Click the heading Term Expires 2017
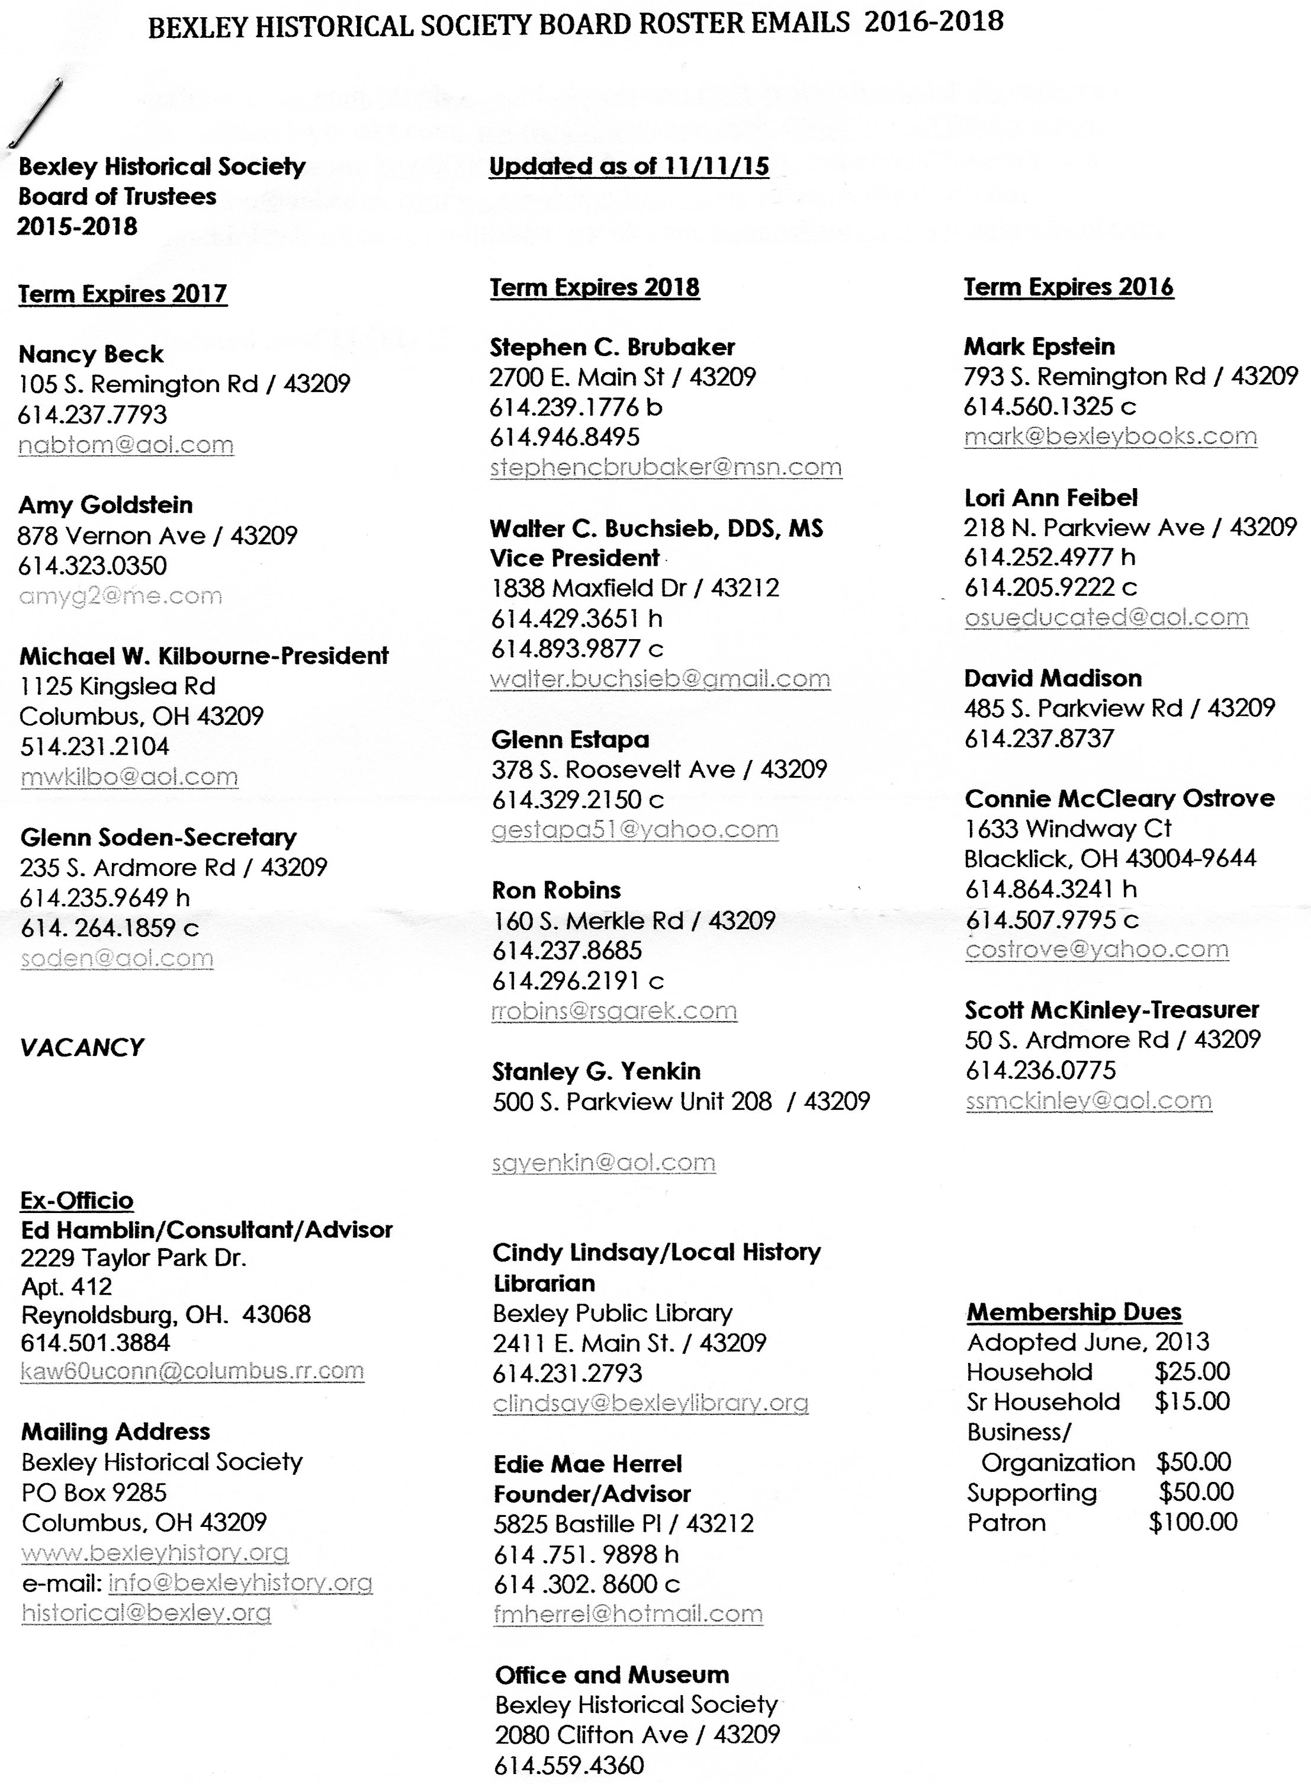pyautogui.click(x=123, y=294)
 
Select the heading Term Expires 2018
pyautogui.click(x=595, y=287)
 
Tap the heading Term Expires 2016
pyautogui.click(x=1068, y=287)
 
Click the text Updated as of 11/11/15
pyautogui.click(x=628, y=166)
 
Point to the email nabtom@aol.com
pyautogui.click(x=126, y=445)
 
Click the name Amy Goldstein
pyautogui.click(x=105, y=505)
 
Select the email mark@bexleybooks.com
pyautogui.click(x=1110, y=437)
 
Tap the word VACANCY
pyautogui.click(x=82, y=1048)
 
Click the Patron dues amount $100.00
pyautogui.click(x=1193, y=1522)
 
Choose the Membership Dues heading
pyautogui.click(x=1074, y=1313)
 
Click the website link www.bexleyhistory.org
pyautogui.click(x=155, y=1552)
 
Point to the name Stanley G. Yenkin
pyautogui.click(x=596, y=1072)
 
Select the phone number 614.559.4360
pyautogui.click(x=569, y=1765)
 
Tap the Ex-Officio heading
pyautogui.click(x=77, y=1200)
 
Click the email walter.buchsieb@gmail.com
pyautogui.click(x=660, y=679)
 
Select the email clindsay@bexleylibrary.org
pyautogui.click(x=650, y=1403)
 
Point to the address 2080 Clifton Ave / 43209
pyautogui.click(x=637, y=1735)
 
